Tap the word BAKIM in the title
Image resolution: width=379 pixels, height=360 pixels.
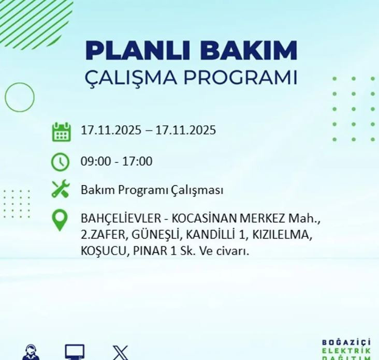(x=249, y=50)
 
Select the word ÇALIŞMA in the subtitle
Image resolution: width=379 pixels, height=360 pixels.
(x=128, y=78)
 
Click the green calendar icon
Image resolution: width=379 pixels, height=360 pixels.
(x=61, y=131)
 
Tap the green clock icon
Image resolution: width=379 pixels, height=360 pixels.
(x=61, y=162)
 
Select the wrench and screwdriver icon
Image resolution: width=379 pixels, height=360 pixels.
(x=61, y=190)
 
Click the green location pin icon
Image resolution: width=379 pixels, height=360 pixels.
(x=61, y=220)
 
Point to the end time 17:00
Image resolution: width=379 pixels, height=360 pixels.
(x=137, y=161)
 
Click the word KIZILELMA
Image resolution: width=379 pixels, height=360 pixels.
(x=282, y=235)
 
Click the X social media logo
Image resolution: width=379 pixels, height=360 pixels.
(x=121, y=353)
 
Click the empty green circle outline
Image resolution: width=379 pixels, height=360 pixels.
(x=20, y=97)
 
